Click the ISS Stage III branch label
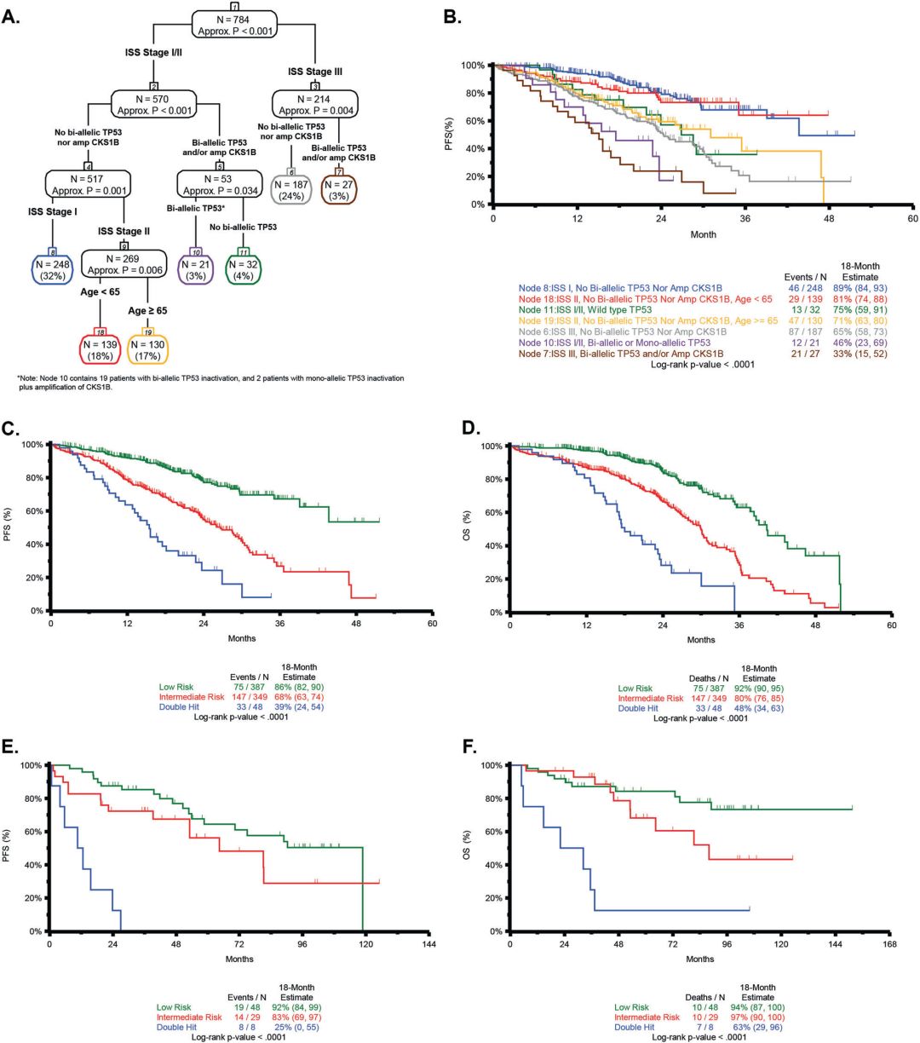coord(315,72)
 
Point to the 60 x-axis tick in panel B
coord(912,218)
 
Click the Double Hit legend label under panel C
coord(181,706)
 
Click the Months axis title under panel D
coord(701,639)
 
